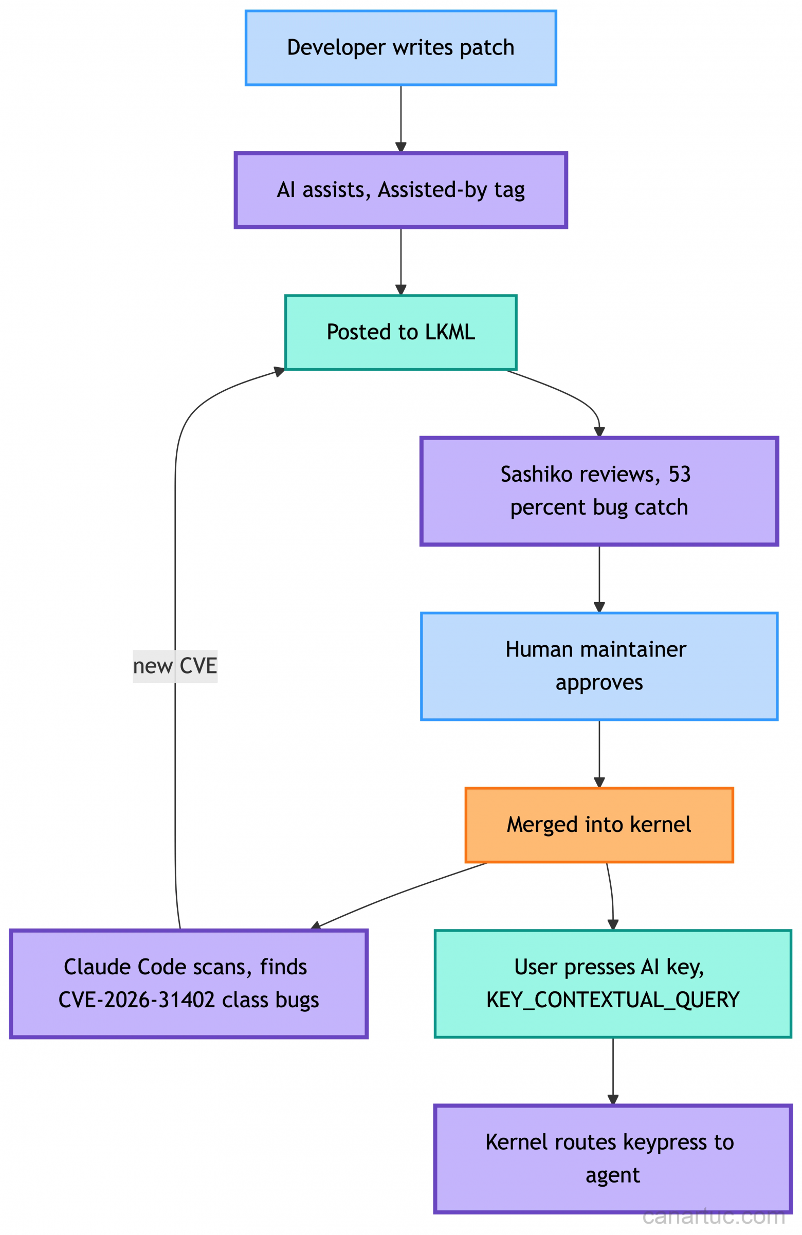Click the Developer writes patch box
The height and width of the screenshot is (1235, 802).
tap(400, 48)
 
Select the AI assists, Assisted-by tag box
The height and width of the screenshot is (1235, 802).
tap(400, 190)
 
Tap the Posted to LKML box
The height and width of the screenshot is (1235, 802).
tap(400, 333)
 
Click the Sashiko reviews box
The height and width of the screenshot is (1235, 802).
tap(599, 491)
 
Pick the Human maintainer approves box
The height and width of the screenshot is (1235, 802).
tap(599, 666)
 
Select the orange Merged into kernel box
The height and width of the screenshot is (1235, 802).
tap(599, 825)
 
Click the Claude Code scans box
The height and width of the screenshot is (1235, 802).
tap(188, 984)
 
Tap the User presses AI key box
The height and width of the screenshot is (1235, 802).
tap(613, 984)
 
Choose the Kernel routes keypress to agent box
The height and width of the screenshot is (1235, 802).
tap(613, 1159)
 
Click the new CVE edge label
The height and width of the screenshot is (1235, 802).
tap(175, 666)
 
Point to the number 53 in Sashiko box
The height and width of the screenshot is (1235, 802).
tap(680, 475)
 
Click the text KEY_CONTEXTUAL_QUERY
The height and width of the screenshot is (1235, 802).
tap(613, 1001)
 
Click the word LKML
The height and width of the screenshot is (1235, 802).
tap(449, 333)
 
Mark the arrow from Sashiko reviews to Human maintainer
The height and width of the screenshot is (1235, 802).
tap(599, 578)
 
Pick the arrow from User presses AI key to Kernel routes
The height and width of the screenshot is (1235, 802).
tap(613, 1071)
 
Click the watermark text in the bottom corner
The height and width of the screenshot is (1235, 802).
tap(713, 1216)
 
